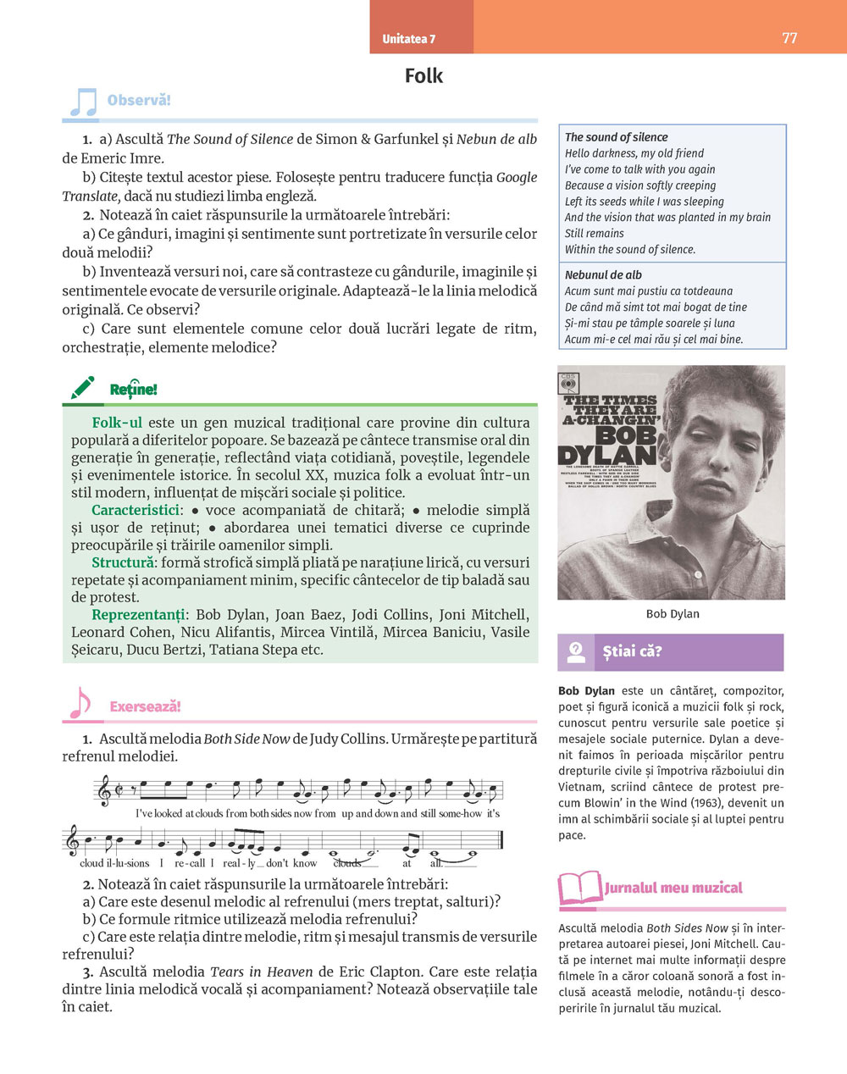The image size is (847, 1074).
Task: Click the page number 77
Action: pos(789,38)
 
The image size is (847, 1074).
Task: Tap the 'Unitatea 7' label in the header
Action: pos(408,39)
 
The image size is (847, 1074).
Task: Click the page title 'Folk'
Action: pos(423,76)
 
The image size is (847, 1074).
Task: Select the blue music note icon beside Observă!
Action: pos(82,102)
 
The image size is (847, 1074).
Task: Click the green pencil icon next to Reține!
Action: pos(83,389)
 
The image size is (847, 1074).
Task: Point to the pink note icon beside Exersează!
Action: pos(80,703)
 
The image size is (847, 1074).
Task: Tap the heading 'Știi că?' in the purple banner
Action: pos(632,651)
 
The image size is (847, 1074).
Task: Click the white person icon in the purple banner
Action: pos(576,651)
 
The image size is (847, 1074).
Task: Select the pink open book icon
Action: pos(580,889)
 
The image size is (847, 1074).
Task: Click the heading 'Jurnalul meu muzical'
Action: pos(673,888)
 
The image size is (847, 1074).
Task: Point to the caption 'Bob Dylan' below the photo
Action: pos(673,614)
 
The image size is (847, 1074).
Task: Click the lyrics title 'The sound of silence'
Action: pos(616,137)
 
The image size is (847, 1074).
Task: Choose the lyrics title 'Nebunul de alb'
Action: pos(603,275)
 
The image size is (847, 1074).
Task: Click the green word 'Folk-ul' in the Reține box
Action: pos(117,423)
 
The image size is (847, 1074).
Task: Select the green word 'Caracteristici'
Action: pos(136,510)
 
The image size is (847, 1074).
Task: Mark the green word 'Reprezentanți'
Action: pos(138,615)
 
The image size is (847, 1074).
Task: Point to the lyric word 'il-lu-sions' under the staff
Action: pos(128,863)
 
